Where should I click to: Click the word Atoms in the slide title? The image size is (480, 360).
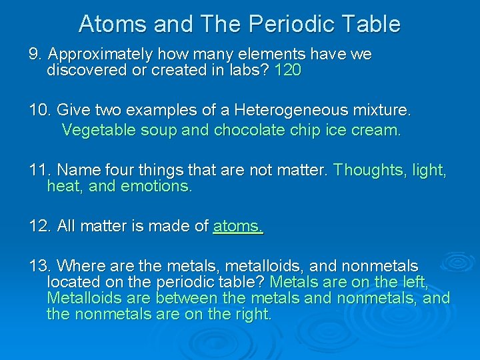click(x=113, y=24)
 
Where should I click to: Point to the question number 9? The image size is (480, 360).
click(x=35, y=54)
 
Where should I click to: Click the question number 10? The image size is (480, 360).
click(x=41, y=109)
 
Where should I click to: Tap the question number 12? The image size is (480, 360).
click(x=41, y=226)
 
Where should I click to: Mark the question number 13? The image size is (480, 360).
click(x=41, y=267)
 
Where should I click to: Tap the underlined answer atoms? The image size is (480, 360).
click(x=238, y=226)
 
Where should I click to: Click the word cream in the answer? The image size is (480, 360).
click(x=377, y=130)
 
